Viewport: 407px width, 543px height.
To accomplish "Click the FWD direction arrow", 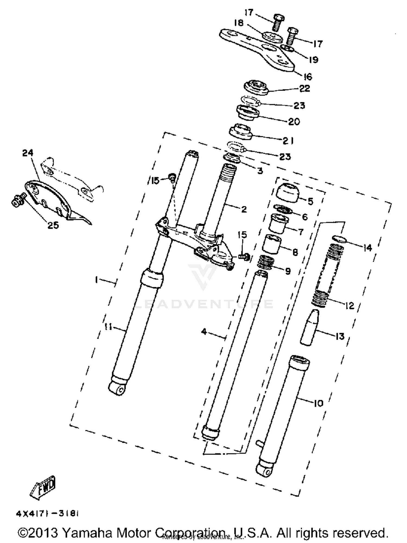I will (43, 488).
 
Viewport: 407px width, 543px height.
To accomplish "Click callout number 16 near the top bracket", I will (308, 77).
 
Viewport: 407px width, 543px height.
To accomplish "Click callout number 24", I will (28, 153).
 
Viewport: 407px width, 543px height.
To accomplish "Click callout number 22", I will (304, 89).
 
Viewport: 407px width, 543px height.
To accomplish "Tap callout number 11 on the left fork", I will (108, 327).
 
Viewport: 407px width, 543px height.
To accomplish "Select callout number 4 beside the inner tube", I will (204, 331).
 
